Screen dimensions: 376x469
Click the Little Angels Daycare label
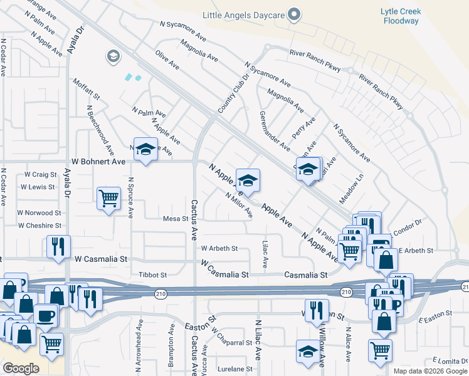[x=243, y=14]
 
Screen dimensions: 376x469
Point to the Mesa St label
[x=176, y=219]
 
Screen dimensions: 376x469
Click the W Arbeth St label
[x=219, y=248]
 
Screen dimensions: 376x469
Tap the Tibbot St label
[x=152, y=274]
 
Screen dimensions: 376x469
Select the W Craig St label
[x=40, y=174]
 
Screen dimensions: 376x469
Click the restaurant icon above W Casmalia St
[x=58, y=246]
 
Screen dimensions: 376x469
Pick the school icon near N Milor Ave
[x=248, y=180]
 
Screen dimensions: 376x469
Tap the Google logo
[x=21, y=368]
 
